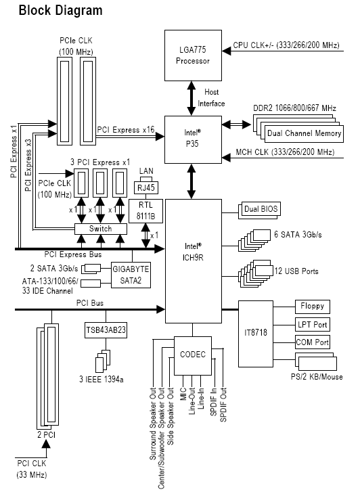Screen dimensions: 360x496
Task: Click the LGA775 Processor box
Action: (193, 55)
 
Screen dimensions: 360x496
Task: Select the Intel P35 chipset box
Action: (193, 139)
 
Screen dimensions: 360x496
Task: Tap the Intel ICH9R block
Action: (194, 261)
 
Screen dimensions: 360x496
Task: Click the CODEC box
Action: (193, 355)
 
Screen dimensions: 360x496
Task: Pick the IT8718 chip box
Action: (256, 334)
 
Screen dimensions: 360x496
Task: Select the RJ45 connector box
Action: (146, 187)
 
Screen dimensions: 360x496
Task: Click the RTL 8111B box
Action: (146, 211)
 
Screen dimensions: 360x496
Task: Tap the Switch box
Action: (101, 229)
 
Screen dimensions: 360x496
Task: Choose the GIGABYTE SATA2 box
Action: (131, 275)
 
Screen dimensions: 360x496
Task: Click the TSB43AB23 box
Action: (106, 330)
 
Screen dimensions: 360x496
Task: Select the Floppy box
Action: (313, 307)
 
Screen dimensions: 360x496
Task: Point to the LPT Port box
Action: (313, 325)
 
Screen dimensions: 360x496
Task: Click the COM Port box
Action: (313, 342)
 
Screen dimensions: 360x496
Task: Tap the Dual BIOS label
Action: (261, 209)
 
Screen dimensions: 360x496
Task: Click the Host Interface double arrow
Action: (192, 98)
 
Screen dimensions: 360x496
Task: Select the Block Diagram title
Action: (61, 10)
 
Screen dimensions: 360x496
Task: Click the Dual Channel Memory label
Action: (305, 133)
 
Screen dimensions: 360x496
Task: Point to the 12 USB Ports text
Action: (296, 271)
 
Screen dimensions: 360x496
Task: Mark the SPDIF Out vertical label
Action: (223, 405)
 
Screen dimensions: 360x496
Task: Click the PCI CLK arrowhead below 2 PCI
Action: (46, 444)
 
